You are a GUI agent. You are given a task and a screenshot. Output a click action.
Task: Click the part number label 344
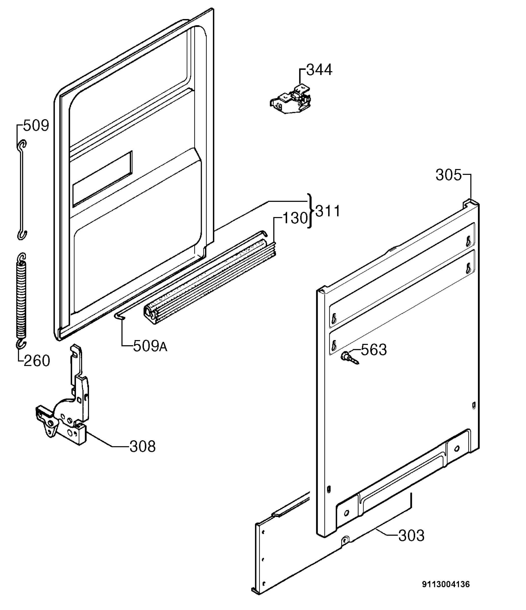tap(319, 70)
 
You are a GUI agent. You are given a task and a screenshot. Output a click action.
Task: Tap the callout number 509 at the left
tap(36, 126)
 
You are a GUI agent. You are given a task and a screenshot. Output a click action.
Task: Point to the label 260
tap(37, 361)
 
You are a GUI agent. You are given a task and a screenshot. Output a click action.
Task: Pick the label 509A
tap(150, 346)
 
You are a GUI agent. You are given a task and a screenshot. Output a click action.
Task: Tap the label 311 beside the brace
tap(328, 211)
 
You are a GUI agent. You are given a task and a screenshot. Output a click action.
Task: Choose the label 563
tap(374, 350)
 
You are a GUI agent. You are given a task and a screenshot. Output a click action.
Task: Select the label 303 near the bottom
tap(411, 536)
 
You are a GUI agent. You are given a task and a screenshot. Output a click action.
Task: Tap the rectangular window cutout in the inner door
tap(102, 179)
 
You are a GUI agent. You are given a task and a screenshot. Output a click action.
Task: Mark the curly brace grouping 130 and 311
tap(310, 211)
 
